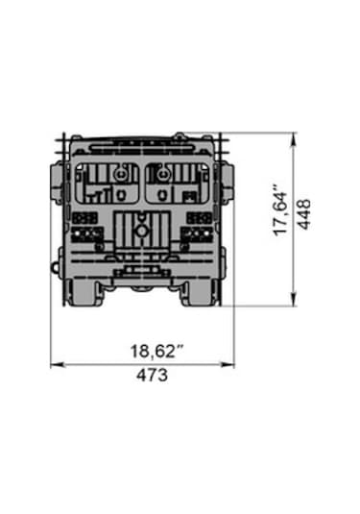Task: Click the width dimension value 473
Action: point(152,376)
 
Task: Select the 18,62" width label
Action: point(156,351)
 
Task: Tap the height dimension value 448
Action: point(304,214)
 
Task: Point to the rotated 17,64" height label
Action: point(280,210)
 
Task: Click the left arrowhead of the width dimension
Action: point(58,364)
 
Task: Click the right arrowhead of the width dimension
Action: point(228,364)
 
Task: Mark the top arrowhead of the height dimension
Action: point(294,139)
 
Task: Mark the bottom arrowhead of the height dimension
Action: point(294,299)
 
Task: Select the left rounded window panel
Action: point(108,183)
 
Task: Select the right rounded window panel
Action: point(178,183)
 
